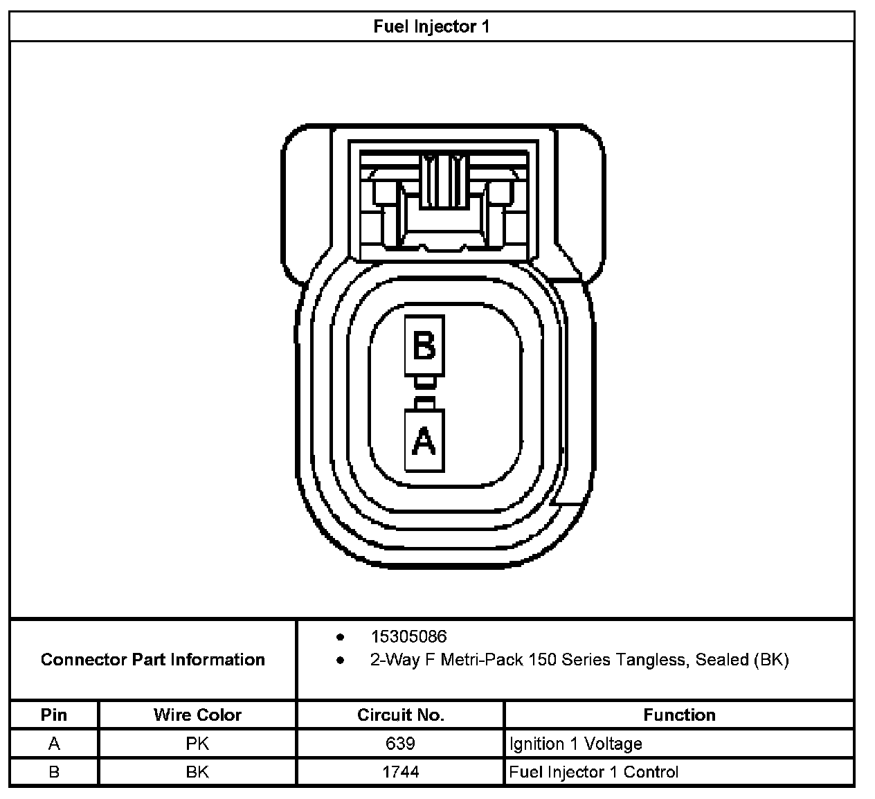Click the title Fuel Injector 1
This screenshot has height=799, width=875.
point(431,27)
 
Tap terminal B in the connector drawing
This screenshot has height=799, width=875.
point(424,345)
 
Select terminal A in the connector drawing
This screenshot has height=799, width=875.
point(424,440)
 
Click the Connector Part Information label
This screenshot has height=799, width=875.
point(153,659)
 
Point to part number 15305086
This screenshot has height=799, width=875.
point(408,636)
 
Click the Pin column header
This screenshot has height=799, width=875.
point(54,715)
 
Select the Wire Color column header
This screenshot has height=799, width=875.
point(197,715)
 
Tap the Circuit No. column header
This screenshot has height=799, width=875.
point(400,715)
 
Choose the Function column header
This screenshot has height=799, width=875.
point(679,715)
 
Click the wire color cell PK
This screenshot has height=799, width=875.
point(197,744)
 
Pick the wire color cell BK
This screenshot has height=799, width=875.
point(197,772)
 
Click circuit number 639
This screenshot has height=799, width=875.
point(400,744)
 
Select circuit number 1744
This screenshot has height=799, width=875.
point(400,772)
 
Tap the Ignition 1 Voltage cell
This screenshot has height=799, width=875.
point(576,744)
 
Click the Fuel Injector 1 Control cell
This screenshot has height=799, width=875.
point(594,772)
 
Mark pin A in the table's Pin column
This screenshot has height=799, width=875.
point(54,744)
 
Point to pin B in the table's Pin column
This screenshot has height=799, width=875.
point(54,772)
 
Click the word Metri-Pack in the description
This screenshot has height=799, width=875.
point(488,660)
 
